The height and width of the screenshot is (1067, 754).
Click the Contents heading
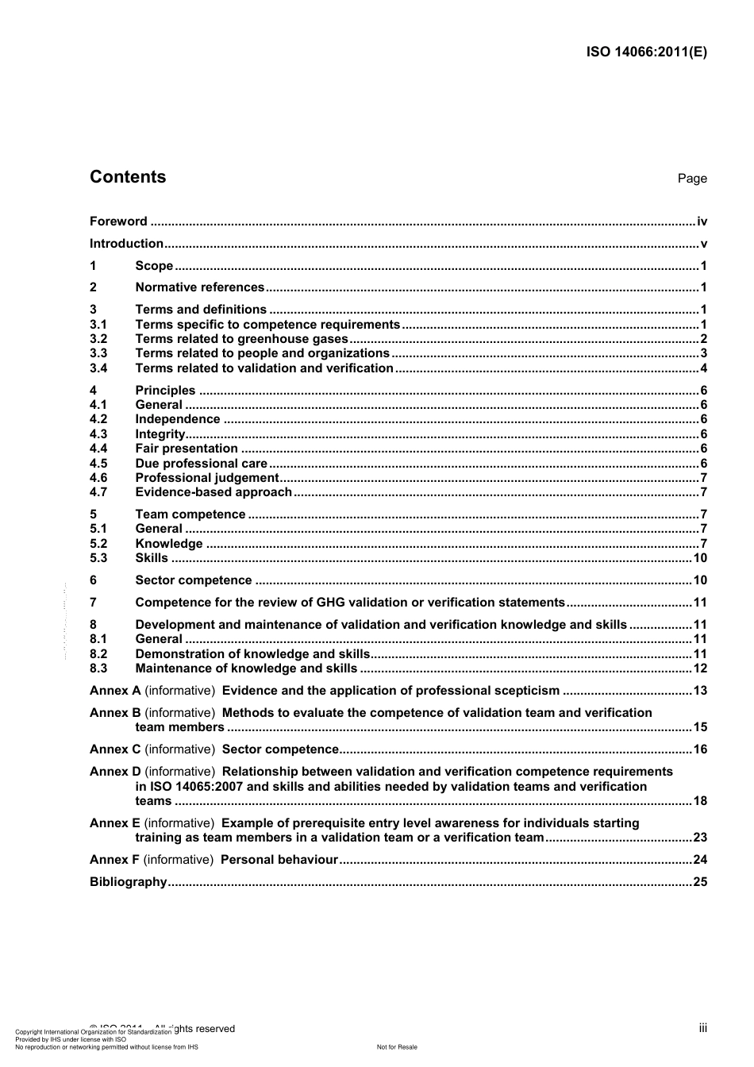click(128, 177)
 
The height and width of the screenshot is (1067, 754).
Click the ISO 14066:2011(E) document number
click(646, 52)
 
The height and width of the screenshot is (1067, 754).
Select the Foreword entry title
click(118, 221)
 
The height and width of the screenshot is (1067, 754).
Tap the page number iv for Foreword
click(702, 221)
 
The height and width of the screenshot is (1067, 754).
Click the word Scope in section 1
click(154, 266)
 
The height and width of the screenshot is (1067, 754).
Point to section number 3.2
click(98, 339)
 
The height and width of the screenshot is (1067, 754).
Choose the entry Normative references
click(199, 287)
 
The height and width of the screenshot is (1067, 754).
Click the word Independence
click(177, 419)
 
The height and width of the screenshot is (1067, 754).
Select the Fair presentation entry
click(186, 449)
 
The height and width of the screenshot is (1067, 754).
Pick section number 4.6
click(98, 478)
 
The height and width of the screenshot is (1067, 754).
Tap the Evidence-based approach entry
click(214, 492)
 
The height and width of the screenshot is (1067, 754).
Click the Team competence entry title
click(190, 514)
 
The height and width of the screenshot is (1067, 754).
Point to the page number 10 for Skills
click(700, 558)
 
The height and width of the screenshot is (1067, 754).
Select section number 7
click(93, 603)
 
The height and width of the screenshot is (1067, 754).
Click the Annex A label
click(115, 691)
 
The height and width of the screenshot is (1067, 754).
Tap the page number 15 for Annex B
click(700, 727)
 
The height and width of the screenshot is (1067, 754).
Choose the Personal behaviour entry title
click(279, 860)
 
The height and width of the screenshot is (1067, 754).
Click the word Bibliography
click(128, 882)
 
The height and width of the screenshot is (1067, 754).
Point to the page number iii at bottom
click(702, 1028)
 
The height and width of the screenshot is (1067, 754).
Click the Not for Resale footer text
click(397, 1047)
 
